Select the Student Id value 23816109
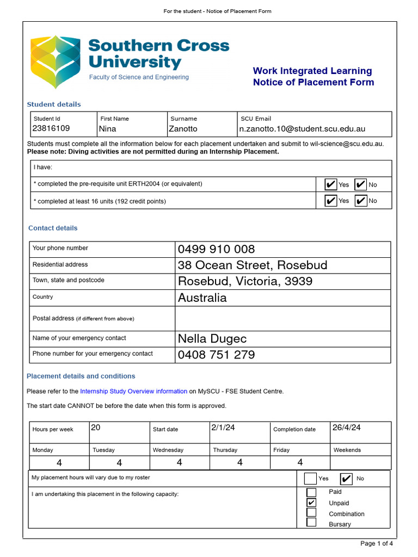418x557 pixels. pyautogui.click(x=51, y=128)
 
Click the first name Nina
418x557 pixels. pyautogui.click(x=108, y=129)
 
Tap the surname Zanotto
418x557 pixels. pyautogui.click(x=184, y=129)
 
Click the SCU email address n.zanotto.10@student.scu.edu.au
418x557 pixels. pyautogui.click(x=303, y=129)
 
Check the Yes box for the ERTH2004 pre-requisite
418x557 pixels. pyautogui.click(x=330, y=184)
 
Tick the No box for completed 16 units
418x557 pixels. pyautogui.click(x=360, y=201)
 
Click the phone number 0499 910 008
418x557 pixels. pyautogui.click(x=216, y=249)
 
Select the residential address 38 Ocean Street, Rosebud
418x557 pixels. pyautogui.click(x=253, y=265)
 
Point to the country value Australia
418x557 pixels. pyautogui.click(x=202, y=298)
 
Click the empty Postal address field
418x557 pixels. pyautogui.click(x=282, y=318)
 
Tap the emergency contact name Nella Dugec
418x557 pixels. pyautogui.click(x=212, y=338)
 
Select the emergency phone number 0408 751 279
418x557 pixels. pyautogui.click(x=216, y=355)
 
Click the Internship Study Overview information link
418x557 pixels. pyautogui.click(x=133, y=391)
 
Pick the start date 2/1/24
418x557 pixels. pyautogui.click(x=223, y=428)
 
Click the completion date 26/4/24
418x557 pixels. pyautogui.click(x=346, y=428)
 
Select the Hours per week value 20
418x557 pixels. pyautogui.click(x=96, y=428)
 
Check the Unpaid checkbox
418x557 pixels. pyautogui.click(x=311, y=503)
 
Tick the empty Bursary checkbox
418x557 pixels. pyautogui.click(x=311, y=523)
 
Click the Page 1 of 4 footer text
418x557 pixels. pyautogui.click(x=377, y=543)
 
